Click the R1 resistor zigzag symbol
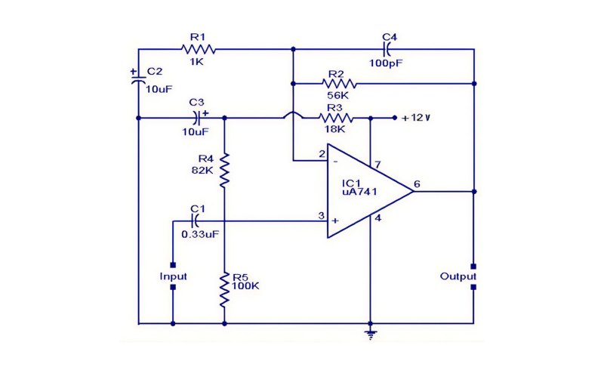(x=198, y=49)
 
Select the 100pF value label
(x=386, y=63)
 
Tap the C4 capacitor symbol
(x=387, y=49)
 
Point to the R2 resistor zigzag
(x=339, y=84)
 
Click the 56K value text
(x=337, y=95)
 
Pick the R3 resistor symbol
(x=336, y=118)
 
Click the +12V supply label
(x=416, y=118)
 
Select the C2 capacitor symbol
(x=138, y=80)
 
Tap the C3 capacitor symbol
(x=197, y=118)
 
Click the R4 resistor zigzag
(x=224, y=171)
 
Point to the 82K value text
(x=202, y=170)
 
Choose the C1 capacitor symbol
(x=196, y=221)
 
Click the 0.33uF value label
(x=200, y=234)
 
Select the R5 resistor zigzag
(x=224, y=289)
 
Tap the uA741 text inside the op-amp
(x=359, y=192)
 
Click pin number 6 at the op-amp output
(x=417, y=183)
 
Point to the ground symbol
(x=370, y=335)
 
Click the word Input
(x=173, y=276)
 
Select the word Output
(x=458, y=276)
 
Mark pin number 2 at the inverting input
(x=322, y=154)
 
